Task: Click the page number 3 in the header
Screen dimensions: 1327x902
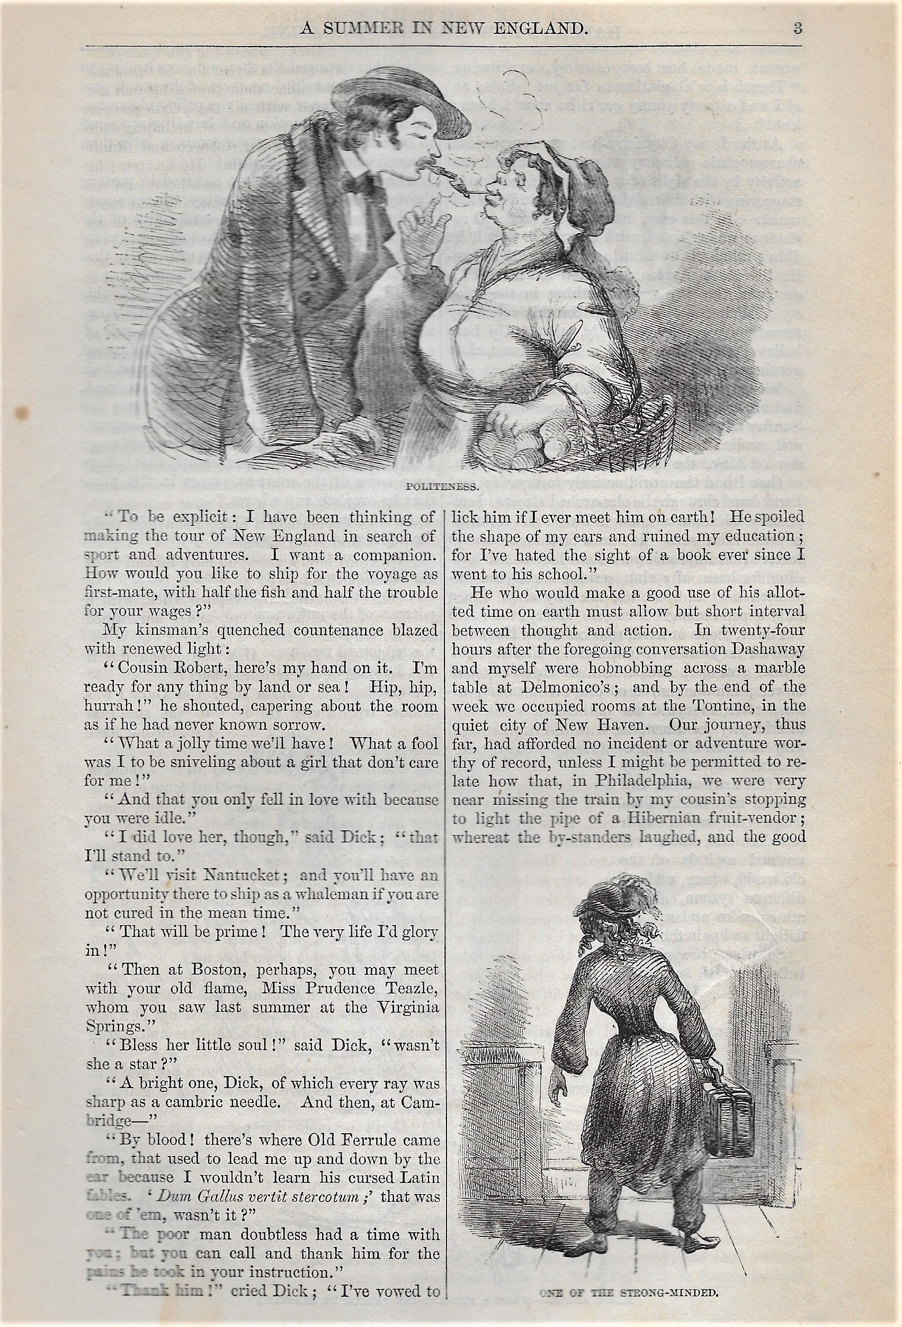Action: pyautogui.click(x=798, y=28)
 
